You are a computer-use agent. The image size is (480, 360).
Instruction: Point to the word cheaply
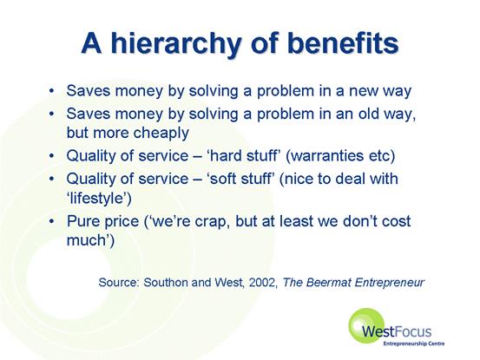point(161,134)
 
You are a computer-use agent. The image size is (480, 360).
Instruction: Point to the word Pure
point(82,221)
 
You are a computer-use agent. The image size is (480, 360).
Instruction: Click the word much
point(86,239)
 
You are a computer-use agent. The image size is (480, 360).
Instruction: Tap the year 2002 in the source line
point(262,282)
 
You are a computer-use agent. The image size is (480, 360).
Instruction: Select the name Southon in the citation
point(166,282)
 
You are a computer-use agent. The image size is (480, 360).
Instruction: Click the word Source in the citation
point(118,282)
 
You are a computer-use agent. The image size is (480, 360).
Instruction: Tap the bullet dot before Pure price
point(52,221)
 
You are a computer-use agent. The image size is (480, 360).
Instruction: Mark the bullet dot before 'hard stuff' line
point(52,155)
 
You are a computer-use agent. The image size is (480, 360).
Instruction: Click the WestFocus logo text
point(397,331)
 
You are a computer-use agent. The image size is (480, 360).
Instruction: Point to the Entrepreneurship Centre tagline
point(413,344)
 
